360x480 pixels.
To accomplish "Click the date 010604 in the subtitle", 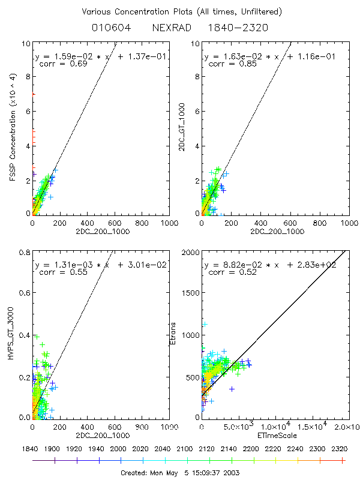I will pyautogui.click(x=108, y=28).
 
